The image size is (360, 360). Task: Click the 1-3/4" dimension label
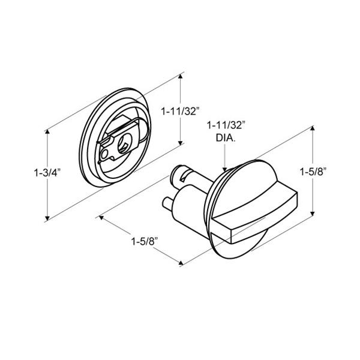(47, 173)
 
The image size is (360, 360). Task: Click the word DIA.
(226, 138)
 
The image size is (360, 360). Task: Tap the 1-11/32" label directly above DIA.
(226, 126)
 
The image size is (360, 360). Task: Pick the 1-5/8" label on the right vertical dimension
(313, 172)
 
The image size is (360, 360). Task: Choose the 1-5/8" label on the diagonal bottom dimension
(145, 242)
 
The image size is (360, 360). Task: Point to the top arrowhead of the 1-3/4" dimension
(47, 131)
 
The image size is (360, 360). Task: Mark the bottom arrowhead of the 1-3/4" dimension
(47, 218)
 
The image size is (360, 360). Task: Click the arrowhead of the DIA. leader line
(225, 170)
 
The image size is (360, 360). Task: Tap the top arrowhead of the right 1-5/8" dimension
(312, 128)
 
